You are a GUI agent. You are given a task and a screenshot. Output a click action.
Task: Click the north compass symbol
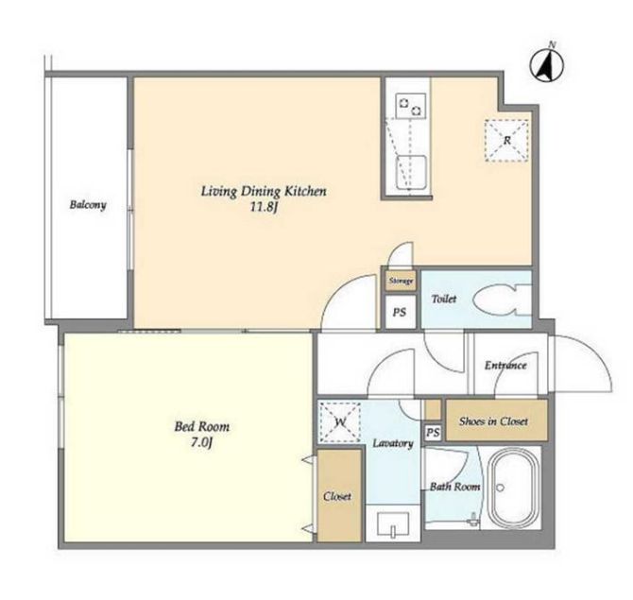pyautogui.click(x=547, y=64)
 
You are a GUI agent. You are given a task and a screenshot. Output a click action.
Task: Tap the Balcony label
pyautogui.click(x=88, y=205)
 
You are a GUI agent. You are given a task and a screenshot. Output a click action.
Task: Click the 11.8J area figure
pyautogui.click(x=264, y=208)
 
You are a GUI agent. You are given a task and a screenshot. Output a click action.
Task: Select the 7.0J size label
pyautogui.click(x=201, y=443)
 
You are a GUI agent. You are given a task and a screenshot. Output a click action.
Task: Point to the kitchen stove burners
pyautogui.click(x=411, y=106)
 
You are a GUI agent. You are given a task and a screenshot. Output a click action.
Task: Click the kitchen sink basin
pyautogui.click(x=411, y=172)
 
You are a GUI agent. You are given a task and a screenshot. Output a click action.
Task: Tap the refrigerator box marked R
pyautogui.click(x=506, y=141)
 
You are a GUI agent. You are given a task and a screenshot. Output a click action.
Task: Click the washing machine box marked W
pyautogui.click(x=339, y=422)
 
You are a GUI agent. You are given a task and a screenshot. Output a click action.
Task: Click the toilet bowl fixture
pyautogui.click(x=503, y=300)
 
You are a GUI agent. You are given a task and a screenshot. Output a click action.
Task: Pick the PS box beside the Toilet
pyautogui.click(x=400, y=312)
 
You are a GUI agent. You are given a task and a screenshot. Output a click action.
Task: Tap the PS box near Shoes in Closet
pyautogui.click(x=433, y=433)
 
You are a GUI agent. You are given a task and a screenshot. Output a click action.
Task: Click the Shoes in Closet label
pyautogui.click(x=493, y=421)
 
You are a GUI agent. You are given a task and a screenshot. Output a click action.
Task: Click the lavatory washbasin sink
pyautogui.click(x=393, y=523)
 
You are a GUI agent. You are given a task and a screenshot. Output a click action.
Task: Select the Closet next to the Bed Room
pyautogui.click(x=339, y=495)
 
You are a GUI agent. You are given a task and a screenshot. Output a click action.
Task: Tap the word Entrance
pyautogui.click(x=505, y=366)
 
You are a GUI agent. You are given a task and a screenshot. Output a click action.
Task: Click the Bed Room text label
pyautogui.click(x=202, y=426)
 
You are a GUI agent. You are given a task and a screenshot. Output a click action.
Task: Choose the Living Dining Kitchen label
pyautogui.click(x=264, y=191)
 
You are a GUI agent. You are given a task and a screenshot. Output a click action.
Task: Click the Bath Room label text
pyautogui.click(x=455, y=487)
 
